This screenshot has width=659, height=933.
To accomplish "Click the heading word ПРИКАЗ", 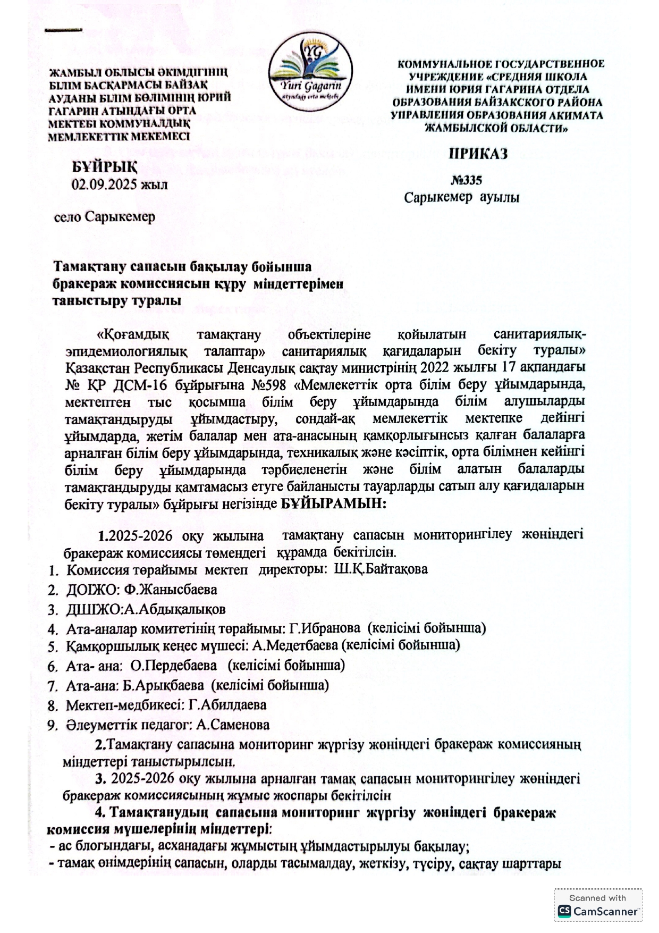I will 478,154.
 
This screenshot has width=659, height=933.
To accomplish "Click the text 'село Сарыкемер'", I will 105,217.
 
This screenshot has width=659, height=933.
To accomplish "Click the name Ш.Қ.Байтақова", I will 381,569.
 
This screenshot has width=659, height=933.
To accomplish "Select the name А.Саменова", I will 233,724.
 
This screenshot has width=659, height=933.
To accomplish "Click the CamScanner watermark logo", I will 597,911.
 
